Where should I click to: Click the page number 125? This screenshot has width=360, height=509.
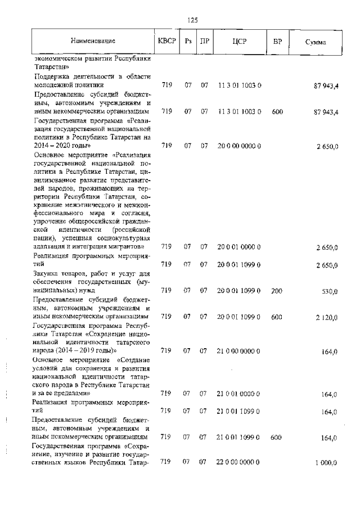click(x=192, y=20)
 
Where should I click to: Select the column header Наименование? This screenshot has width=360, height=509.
click(x=93, y=42)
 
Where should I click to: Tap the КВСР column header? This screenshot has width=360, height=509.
click(x=166, y=42)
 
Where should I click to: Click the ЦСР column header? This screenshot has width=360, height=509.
click(x=240, y=42)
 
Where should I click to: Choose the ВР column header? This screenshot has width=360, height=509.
click(x=277, y=42)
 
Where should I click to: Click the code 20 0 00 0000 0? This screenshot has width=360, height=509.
click(x=239, y=146)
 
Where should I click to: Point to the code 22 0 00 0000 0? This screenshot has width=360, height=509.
click(x=239, y=462)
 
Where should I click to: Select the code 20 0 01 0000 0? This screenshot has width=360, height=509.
click(x=239, y=247)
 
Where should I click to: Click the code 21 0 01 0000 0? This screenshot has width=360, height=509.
click(x=239, y=394)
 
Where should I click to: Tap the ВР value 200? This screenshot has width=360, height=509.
click(x=277, y=291)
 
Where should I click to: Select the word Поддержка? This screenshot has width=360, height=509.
click(x=53, y=76)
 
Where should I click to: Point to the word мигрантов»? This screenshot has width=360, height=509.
click(x=128, y=246)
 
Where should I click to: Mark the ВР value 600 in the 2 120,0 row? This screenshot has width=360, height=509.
click(x=277, y=317)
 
